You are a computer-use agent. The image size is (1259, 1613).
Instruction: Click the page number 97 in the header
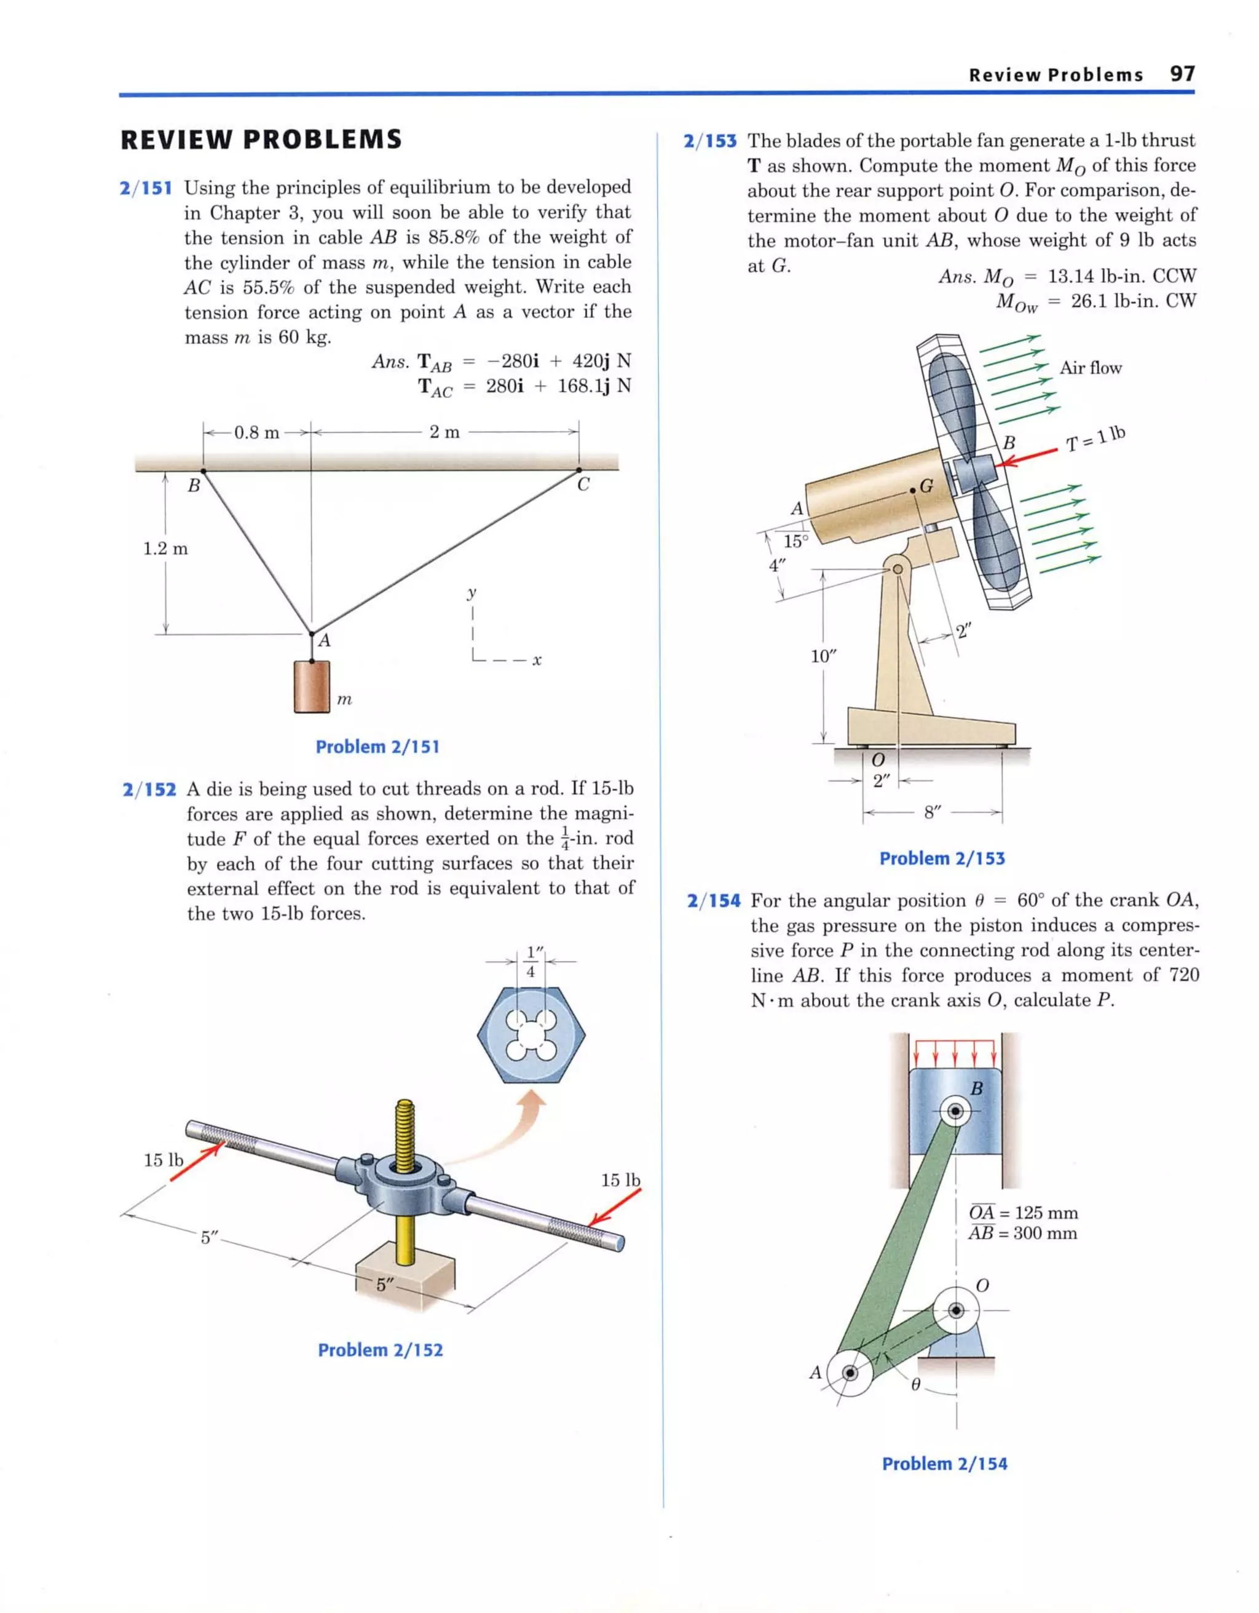(x=1182, y=74)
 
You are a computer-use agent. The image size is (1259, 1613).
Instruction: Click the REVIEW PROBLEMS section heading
(x=261, y=140)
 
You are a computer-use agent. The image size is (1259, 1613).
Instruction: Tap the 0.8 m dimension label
(x=256, y=433)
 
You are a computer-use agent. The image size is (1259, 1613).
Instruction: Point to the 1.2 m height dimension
(x=165, y=549)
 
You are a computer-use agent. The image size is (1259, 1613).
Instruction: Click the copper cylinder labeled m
(x=311, y=687)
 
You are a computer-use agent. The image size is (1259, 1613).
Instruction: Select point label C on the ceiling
(x=583, y=485)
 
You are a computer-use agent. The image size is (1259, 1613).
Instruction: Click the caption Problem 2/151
(x=377, y=747)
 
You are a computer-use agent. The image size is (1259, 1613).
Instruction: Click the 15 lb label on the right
(x=620, y=1180)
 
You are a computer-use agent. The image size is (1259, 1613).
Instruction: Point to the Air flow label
(x=1090, y=368)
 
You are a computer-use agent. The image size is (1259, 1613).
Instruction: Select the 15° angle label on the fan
(x=796, y=541)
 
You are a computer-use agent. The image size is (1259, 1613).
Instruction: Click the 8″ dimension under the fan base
(x=933, y=813)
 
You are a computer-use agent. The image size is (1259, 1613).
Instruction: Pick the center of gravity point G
(x=914, y=490)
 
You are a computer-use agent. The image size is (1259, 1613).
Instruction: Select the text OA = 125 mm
(x=1023, y=1213)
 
